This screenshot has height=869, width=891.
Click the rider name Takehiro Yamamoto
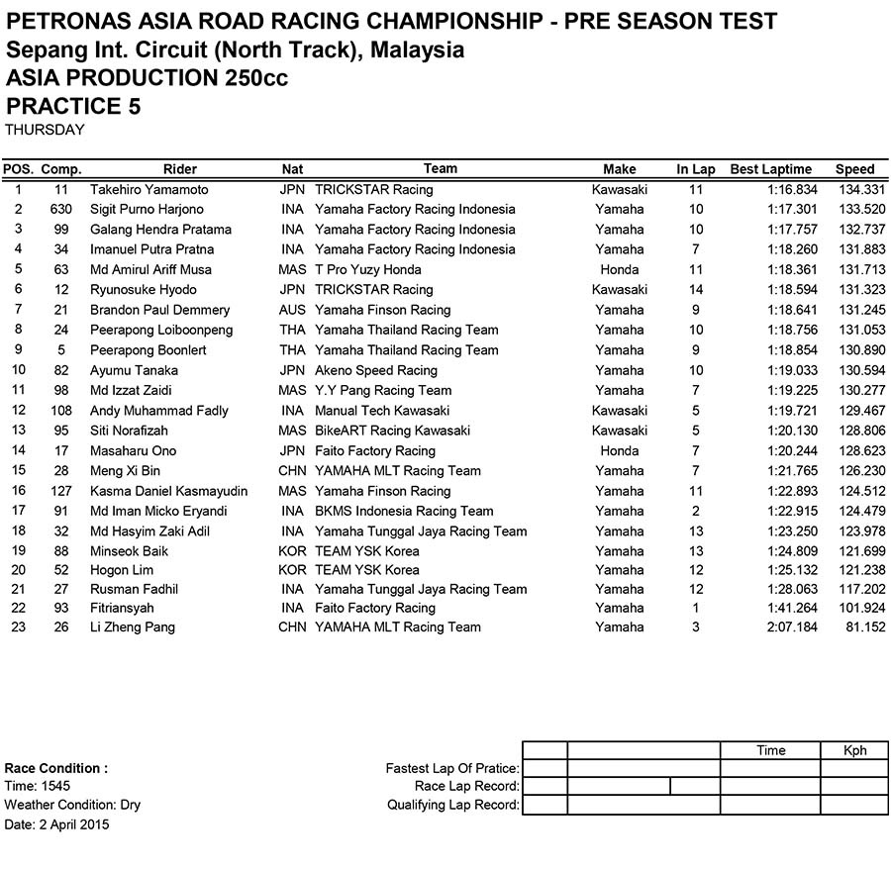click(x=149, y=189)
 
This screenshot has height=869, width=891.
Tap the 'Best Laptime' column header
click(x=770, y=169)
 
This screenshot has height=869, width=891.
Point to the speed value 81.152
click(x=859, y=627)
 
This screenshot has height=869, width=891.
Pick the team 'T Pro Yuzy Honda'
click(x=367, y=269)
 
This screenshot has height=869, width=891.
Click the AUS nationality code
click(x=293, y=310)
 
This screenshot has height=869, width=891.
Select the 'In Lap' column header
click(x=696, y=169)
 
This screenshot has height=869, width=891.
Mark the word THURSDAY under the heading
click(x=45, y=130)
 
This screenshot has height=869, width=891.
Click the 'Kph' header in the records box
click(x=854, y=750)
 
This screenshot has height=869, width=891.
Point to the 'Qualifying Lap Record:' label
click(x=453, y=805)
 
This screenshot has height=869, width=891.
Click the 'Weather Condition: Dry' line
click(x=72, y=805)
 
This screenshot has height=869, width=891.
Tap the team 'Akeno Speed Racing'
click(x=375, y=370)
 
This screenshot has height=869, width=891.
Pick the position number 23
click(x=18, y=627)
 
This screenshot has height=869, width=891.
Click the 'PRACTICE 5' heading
click(x=73, y=106)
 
